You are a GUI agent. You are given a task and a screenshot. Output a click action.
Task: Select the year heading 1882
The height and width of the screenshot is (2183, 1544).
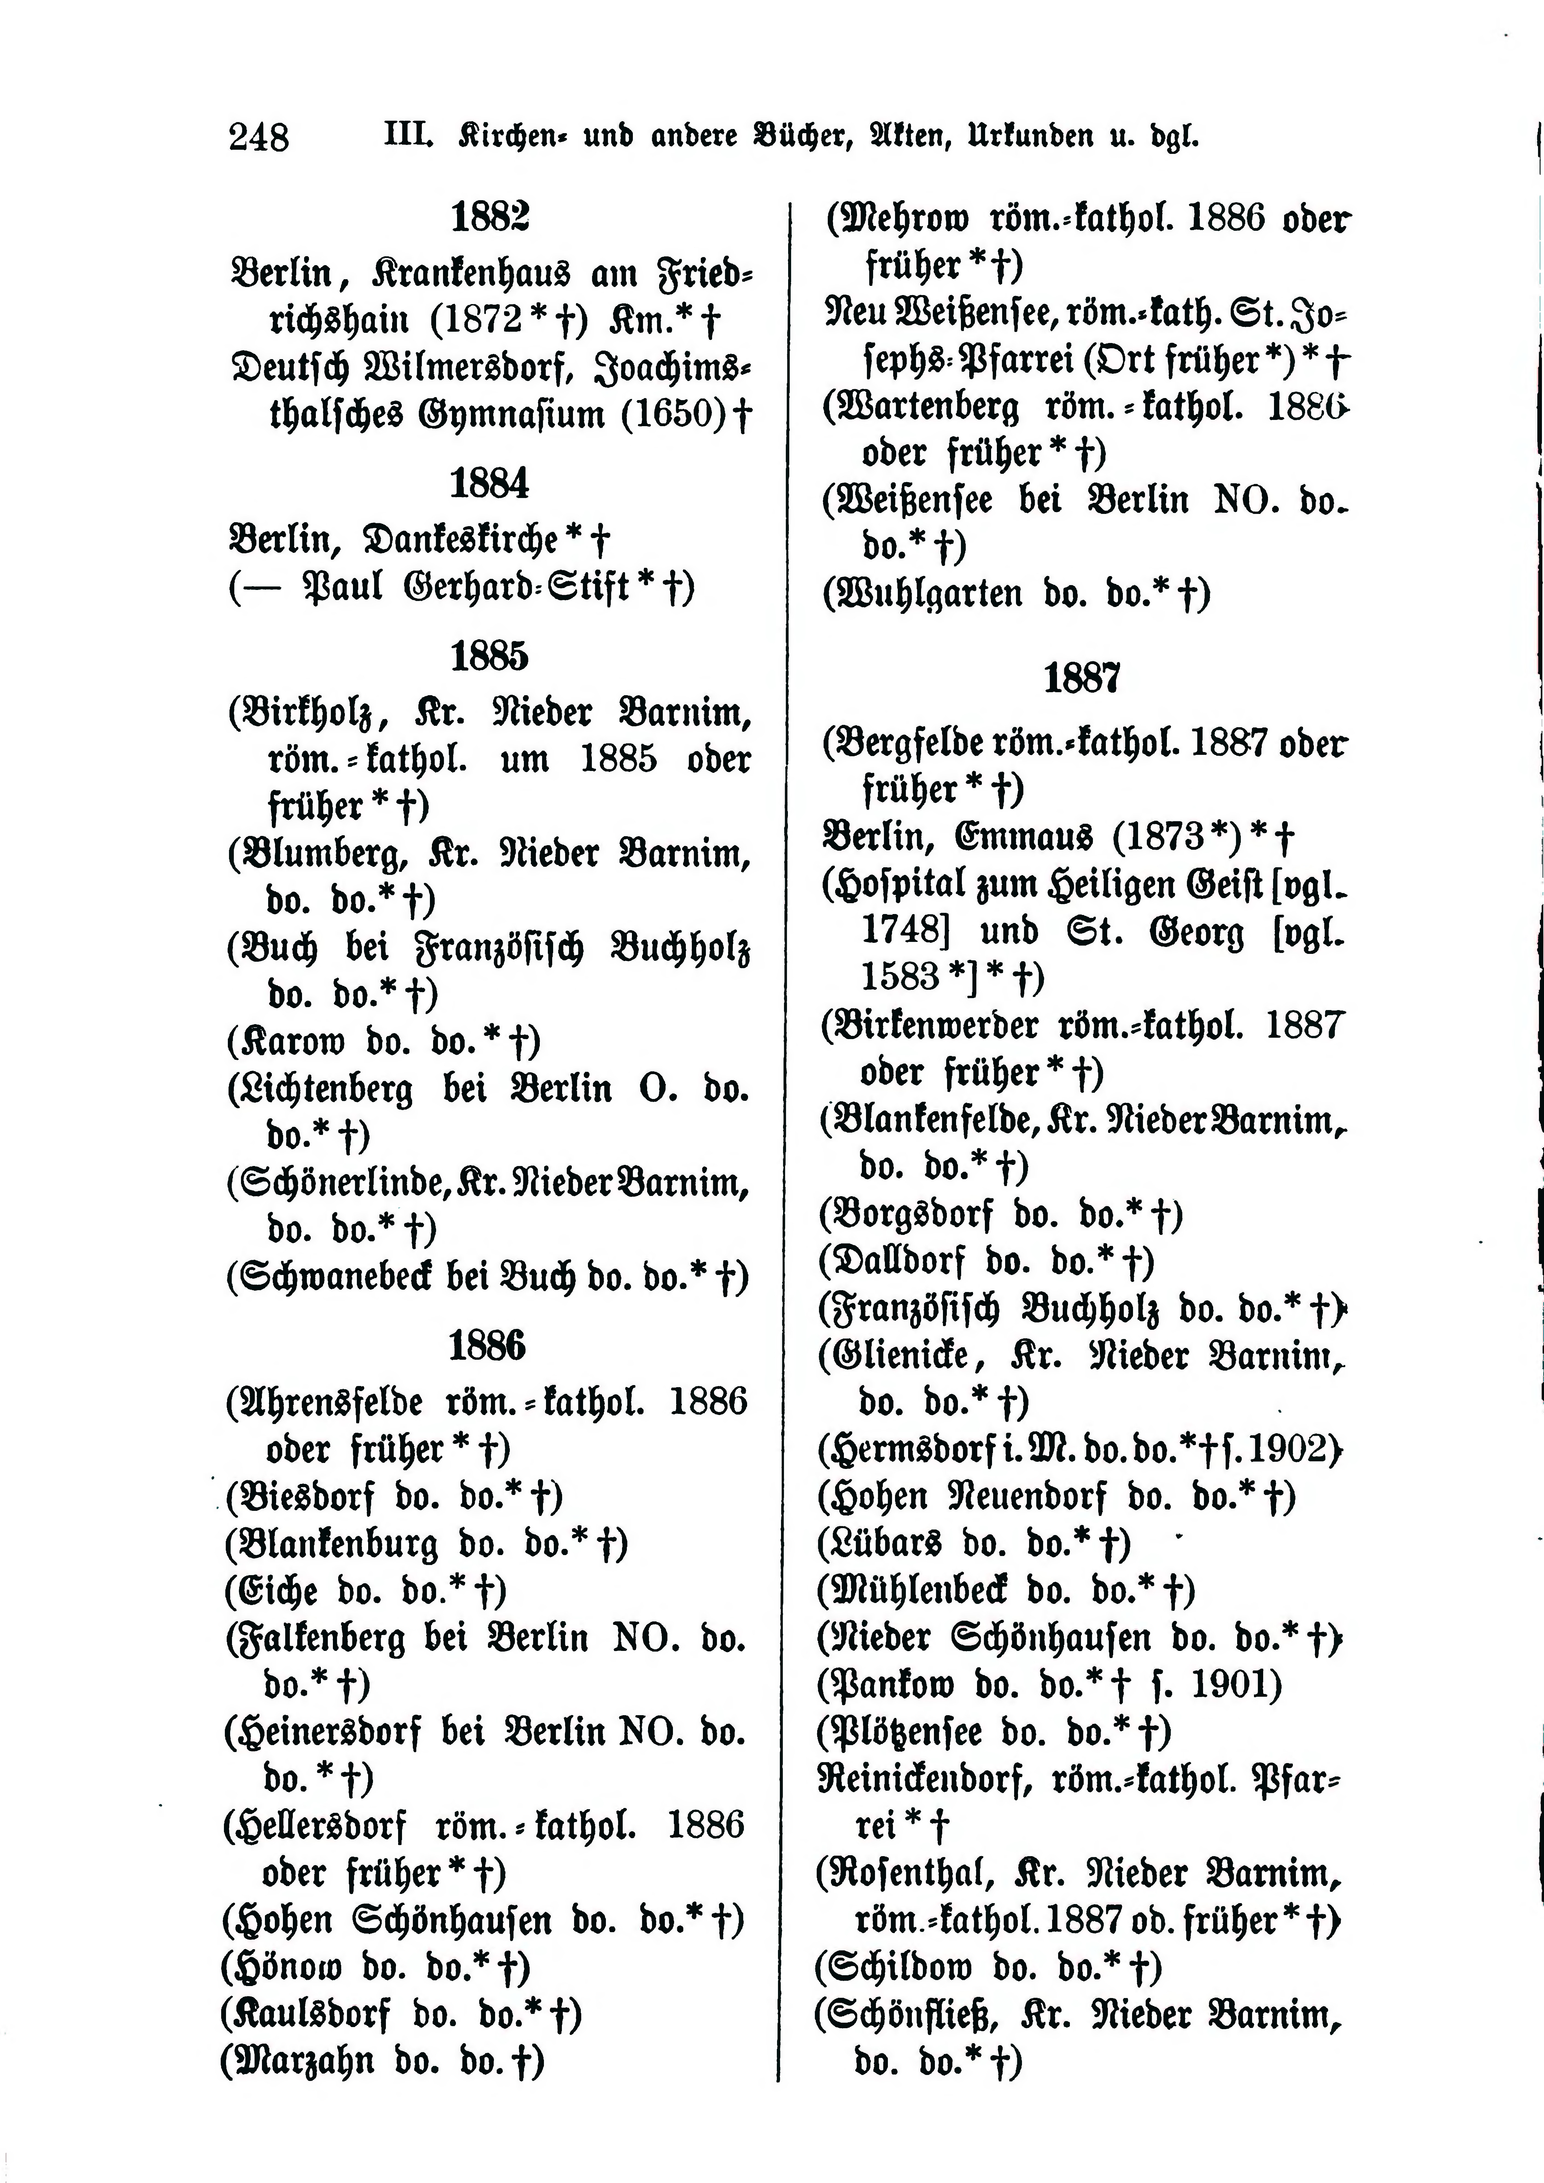pyautogui.click(x=490, y=218)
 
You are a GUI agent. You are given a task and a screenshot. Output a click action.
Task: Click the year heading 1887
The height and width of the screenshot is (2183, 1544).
pyautogui.click(x=1082, y=679)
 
